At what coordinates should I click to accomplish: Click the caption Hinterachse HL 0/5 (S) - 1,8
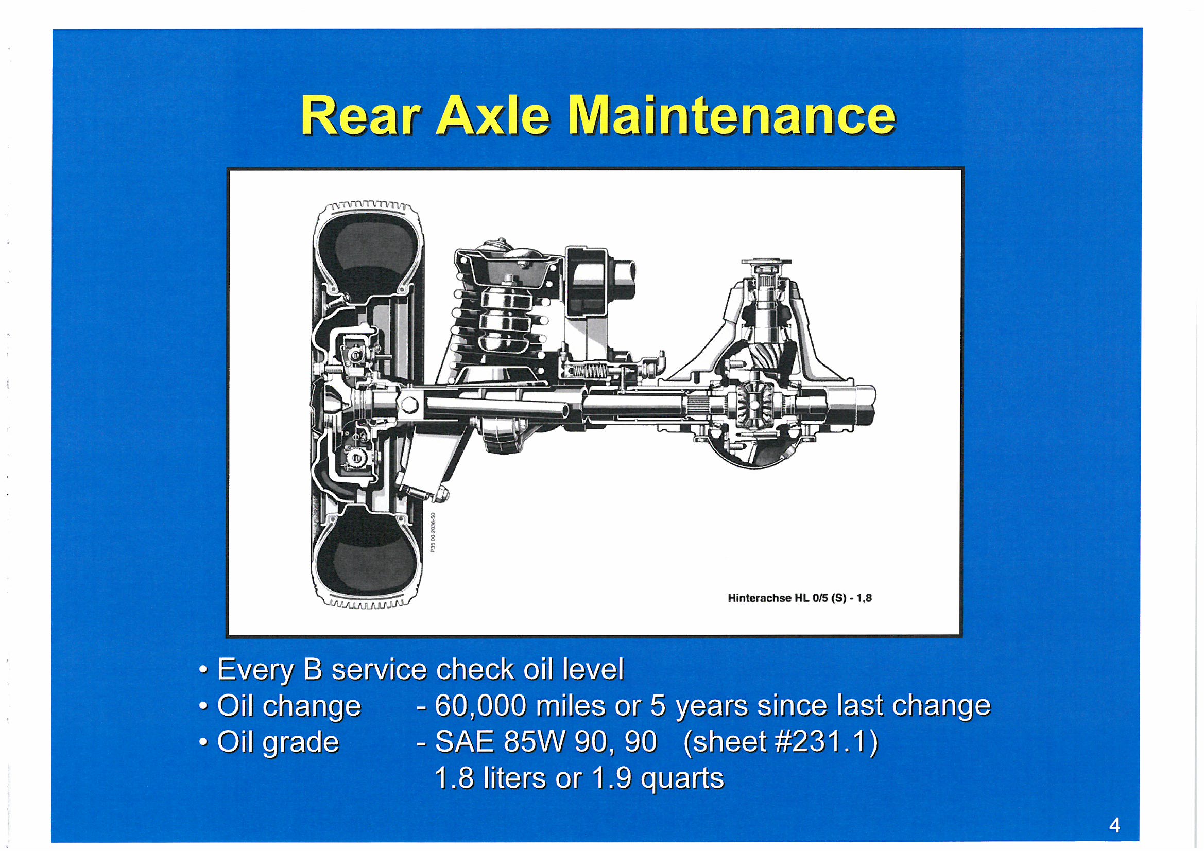[x=800, y=598]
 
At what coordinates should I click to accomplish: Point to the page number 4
[x=1114, y=825]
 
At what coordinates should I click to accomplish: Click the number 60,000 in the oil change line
[x=480, y=706]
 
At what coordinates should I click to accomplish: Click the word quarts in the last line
[x=682, y=778]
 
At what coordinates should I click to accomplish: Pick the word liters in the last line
[x=515, y=777]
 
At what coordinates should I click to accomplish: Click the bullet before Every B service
[x=203, y=670]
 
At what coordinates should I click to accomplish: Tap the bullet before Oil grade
[x=203, y=742]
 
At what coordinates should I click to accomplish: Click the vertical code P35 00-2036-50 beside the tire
[x=433, y=532]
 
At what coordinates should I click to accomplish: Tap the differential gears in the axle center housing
[x=752, y=406]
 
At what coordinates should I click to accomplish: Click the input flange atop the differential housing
[x=766, y=263]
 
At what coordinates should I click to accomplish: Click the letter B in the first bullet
[x=313, y=670]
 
